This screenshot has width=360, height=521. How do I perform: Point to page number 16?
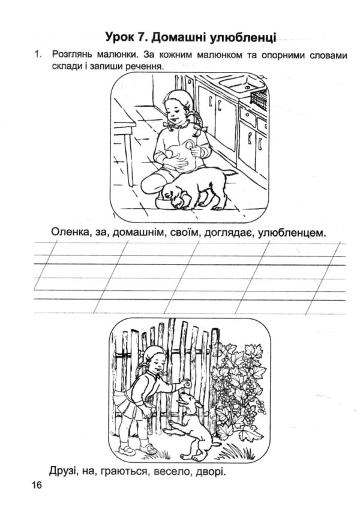pos(37,485)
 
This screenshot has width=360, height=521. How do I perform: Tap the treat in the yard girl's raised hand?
pos(188,384)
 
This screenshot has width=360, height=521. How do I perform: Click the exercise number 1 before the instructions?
pos(38,53)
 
